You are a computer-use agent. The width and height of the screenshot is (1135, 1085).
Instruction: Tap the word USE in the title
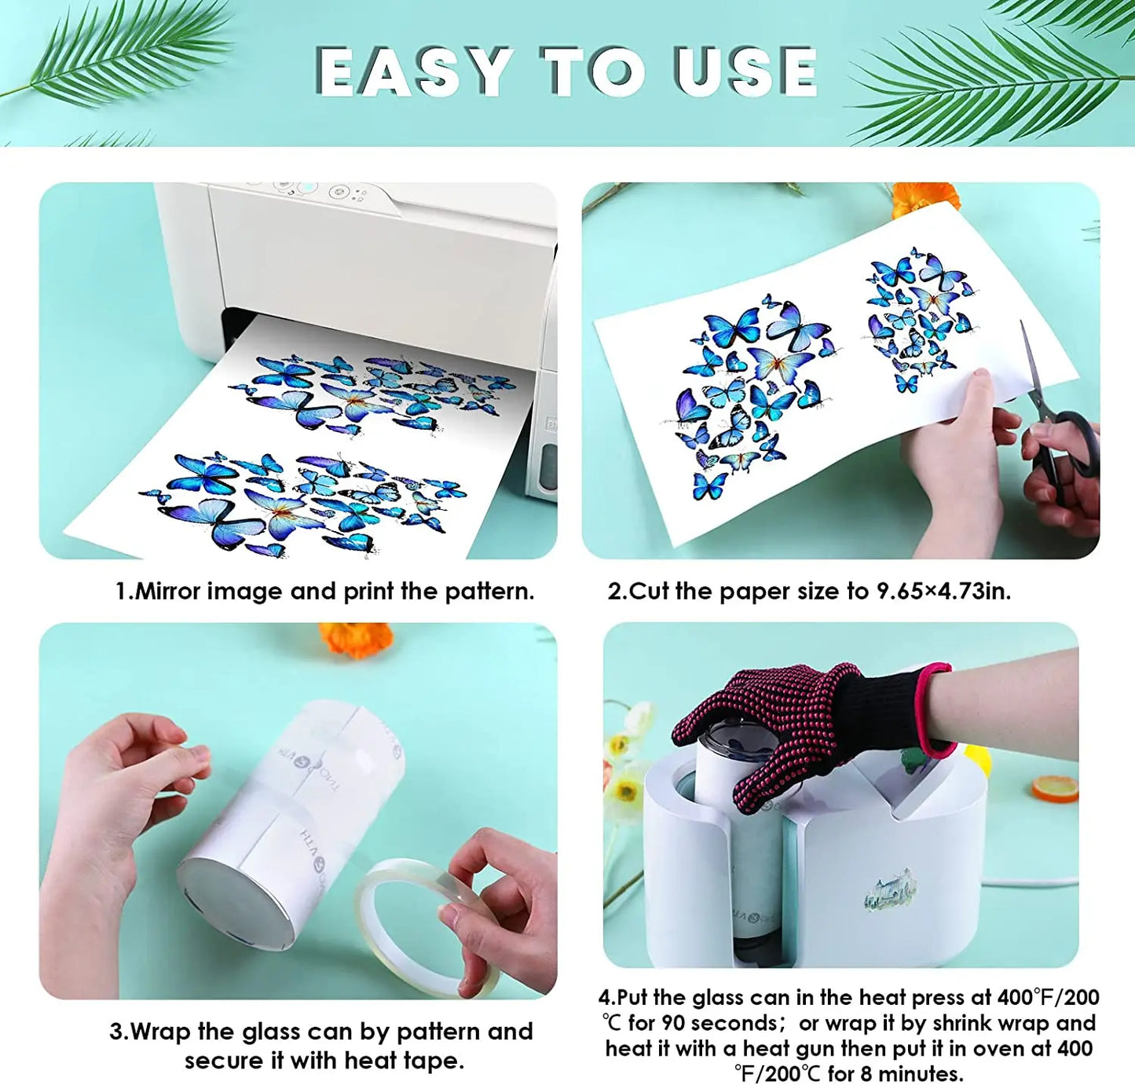point(746,71)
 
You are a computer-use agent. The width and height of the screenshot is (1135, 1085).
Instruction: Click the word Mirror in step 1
point(168,592)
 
